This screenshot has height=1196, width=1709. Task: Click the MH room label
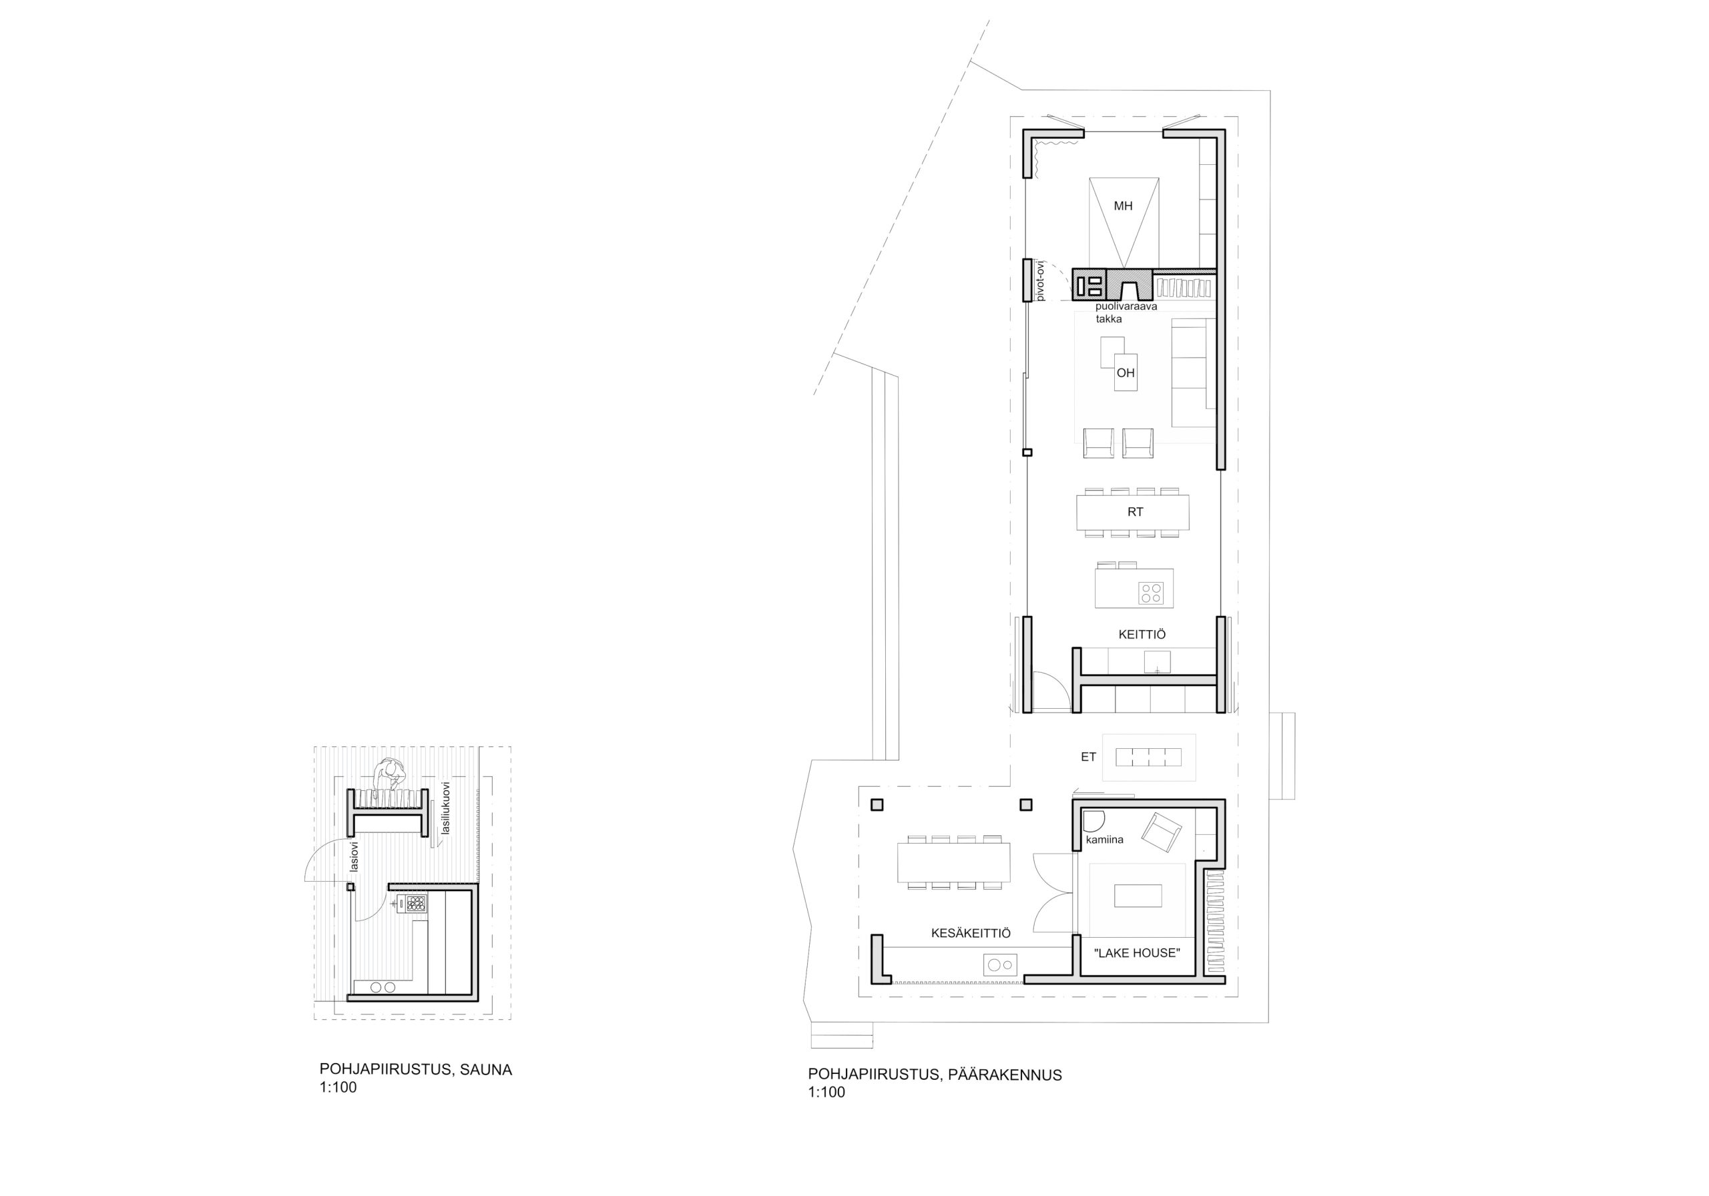pos(1124,206)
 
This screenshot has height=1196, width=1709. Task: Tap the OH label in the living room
pos(1126,373)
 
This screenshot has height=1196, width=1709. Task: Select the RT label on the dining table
pos(1135,512)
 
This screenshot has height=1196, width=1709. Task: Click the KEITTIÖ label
pos(1142,635)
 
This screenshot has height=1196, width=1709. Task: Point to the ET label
pos(1088,757)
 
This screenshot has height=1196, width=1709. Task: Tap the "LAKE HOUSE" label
pos(1137,952)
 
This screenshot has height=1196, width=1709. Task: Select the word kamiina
pos(1105,840)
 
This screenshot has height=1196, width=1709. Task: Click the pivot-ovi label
pos(1041,280)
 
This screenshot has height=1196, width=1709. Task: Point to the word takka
pos(1108,318)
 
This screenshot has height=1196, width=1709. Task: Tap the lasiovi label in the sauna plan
pos(354,856)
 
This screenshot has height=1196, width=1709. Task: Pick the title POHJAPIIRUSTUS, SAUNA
pos(416,1069)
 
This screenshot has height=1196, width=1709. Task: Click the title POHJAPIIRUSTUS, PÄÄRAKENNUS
pos(935,1075)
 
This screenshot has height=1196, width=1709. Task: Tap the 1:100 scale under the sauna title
pos(338,1087)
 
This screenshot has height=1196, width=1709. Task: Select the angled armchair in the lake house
pos(1162,832)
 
